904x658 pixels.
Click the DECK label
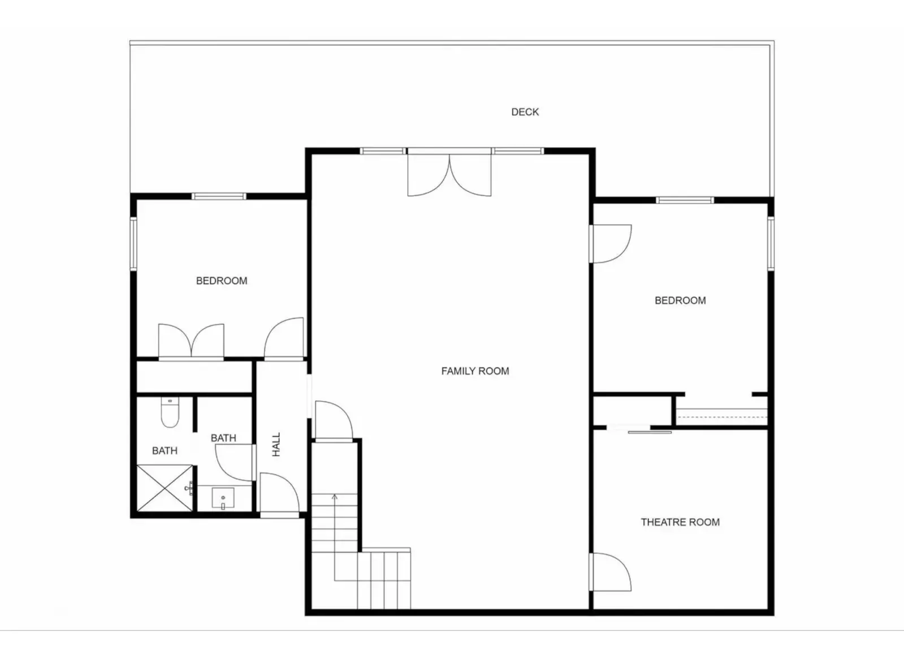(x=525, y=112)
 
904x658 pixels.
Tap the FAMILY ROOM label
(x=475, y=371)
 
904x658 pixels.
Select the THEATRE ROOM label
(x=680, y=522)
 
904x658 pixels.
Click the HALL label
(x=276, y=444)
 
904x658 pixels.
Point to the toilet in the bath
(x=170, y=412)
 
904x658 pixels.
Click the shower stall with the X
(x=165, y=488)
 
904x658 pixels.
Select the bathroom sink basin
(x=223, y=498)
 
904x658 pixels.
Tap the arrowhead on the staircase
(x=334, y=497)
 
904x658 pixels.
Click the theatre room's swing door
(x=611, y=573)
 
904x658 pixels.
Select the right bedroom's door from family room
(x=611, y=244)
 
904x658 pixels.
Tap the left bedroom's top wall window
(x=219, y=196)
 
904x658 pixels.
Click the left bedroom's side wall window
(x=133, y=244)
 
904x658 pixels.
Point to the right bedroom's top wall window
(x=685, y=200)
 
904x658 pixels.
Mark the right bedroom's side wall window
(x=771, y=244)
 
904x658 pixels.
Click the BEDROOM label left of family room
(x=222, y=281)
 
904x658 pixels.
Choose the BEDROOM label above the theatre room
(x=680, y=300)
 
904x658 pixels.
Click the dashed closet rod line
(x=721, y=416)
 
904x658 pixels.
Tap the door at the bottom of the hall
(x=280, y=494)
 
